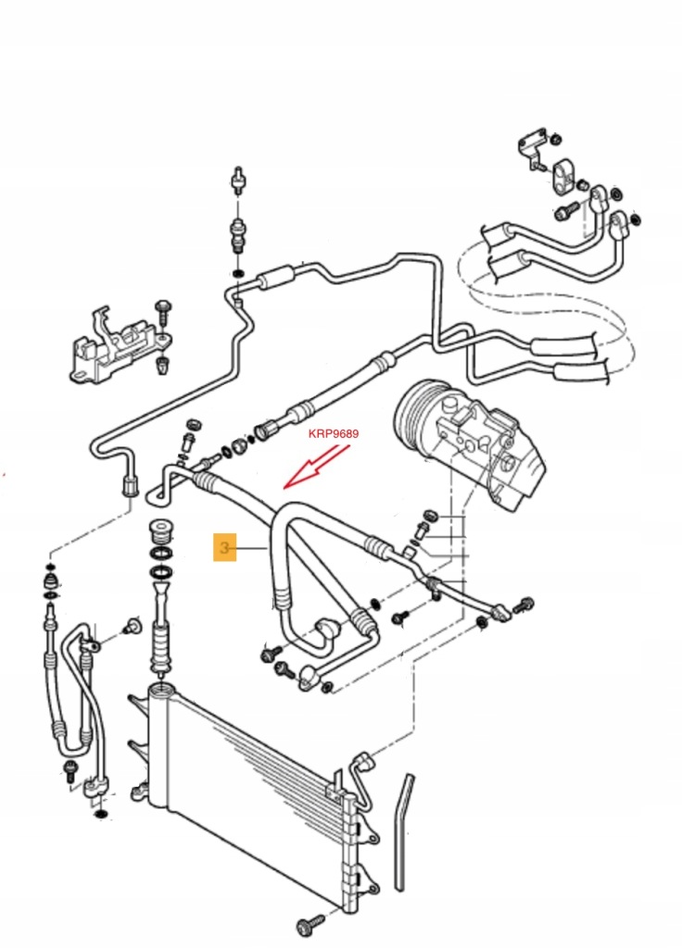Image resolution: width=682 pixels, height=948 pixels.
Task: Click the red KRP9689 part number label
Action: [333, 433]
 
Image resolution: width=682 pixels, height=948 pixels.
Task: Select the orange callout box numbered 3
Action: [223, 548]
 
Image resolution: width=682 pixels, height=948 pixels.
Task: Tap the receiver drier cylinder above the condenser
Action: [162, 639]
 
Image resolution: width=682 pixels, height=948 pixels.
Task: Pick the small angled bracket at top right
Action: [531, 148]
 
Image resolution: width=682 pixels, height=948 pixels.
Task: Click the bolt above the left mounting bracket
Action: [164, 306]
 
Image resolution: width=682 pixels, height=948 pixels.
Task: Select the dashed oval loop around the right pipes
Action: [547, 296]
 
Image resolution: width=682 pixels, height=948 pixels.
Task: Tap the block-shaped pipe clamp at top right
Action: [562, 177]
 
